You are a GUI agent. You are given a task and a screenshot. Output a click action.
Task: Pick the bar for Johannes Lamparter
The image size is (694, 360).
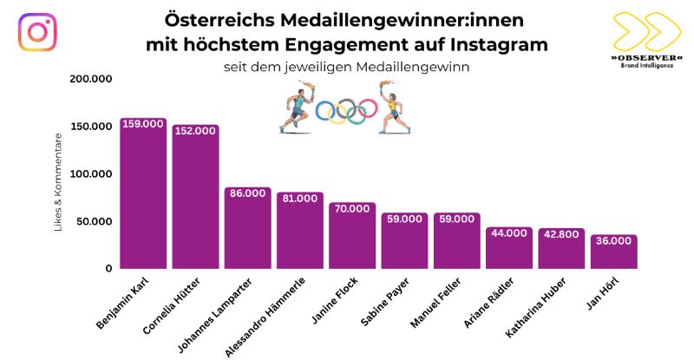tap(248, 229)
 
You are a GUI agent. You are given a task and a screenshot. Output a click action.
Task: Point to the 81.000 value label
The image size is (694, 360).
tap(300, 198)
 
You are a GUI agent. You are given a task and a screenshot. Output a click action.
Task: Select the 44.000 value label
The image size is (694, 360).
tap(509, 233)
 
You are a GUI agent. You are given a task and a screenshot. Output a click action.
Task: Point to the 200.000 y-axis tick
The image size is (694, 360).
tap(90, 79)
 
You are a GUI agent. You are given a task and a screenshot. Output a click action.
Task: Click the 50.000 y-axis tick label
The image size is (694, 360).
tap(94, 221)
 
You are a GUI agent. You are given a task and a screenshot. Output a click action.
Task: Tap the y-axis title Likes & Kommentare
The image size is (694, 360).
tap(59, 182)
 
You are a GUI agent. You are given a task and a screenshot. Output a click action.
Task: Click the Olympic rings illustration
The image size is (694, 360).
tap(346, 110)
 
